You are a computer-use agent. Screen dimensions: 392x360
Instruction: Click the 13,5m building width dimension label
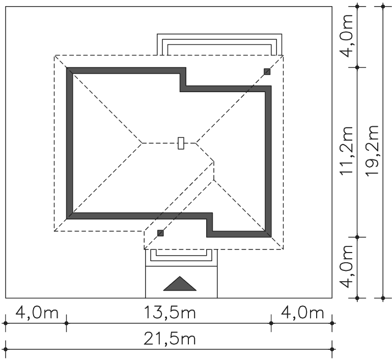[170, 313]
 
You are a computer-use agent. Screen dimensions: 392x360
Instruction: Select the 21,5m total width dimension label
[170, 339]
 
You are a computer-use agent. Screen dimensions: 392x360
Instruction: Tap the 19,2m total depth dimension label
[372, 151]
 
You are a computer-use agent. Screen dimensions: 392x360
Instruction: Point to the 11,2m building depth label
[346, 151]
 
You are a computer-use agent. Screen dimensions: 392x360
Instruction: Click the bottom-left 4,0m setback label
[37, 313]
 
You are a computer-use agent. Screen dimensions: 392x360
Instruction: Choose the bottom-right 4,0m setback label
[302, 313]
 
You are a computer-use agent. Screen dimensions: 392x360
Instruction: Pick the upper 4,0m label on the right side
[346, 36]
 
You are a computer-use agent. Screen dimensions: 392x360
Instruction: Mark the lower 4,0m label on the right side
[346, 266]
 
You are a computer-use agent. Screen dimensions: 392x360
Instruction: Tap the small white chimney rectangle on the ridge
[181, 143]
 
